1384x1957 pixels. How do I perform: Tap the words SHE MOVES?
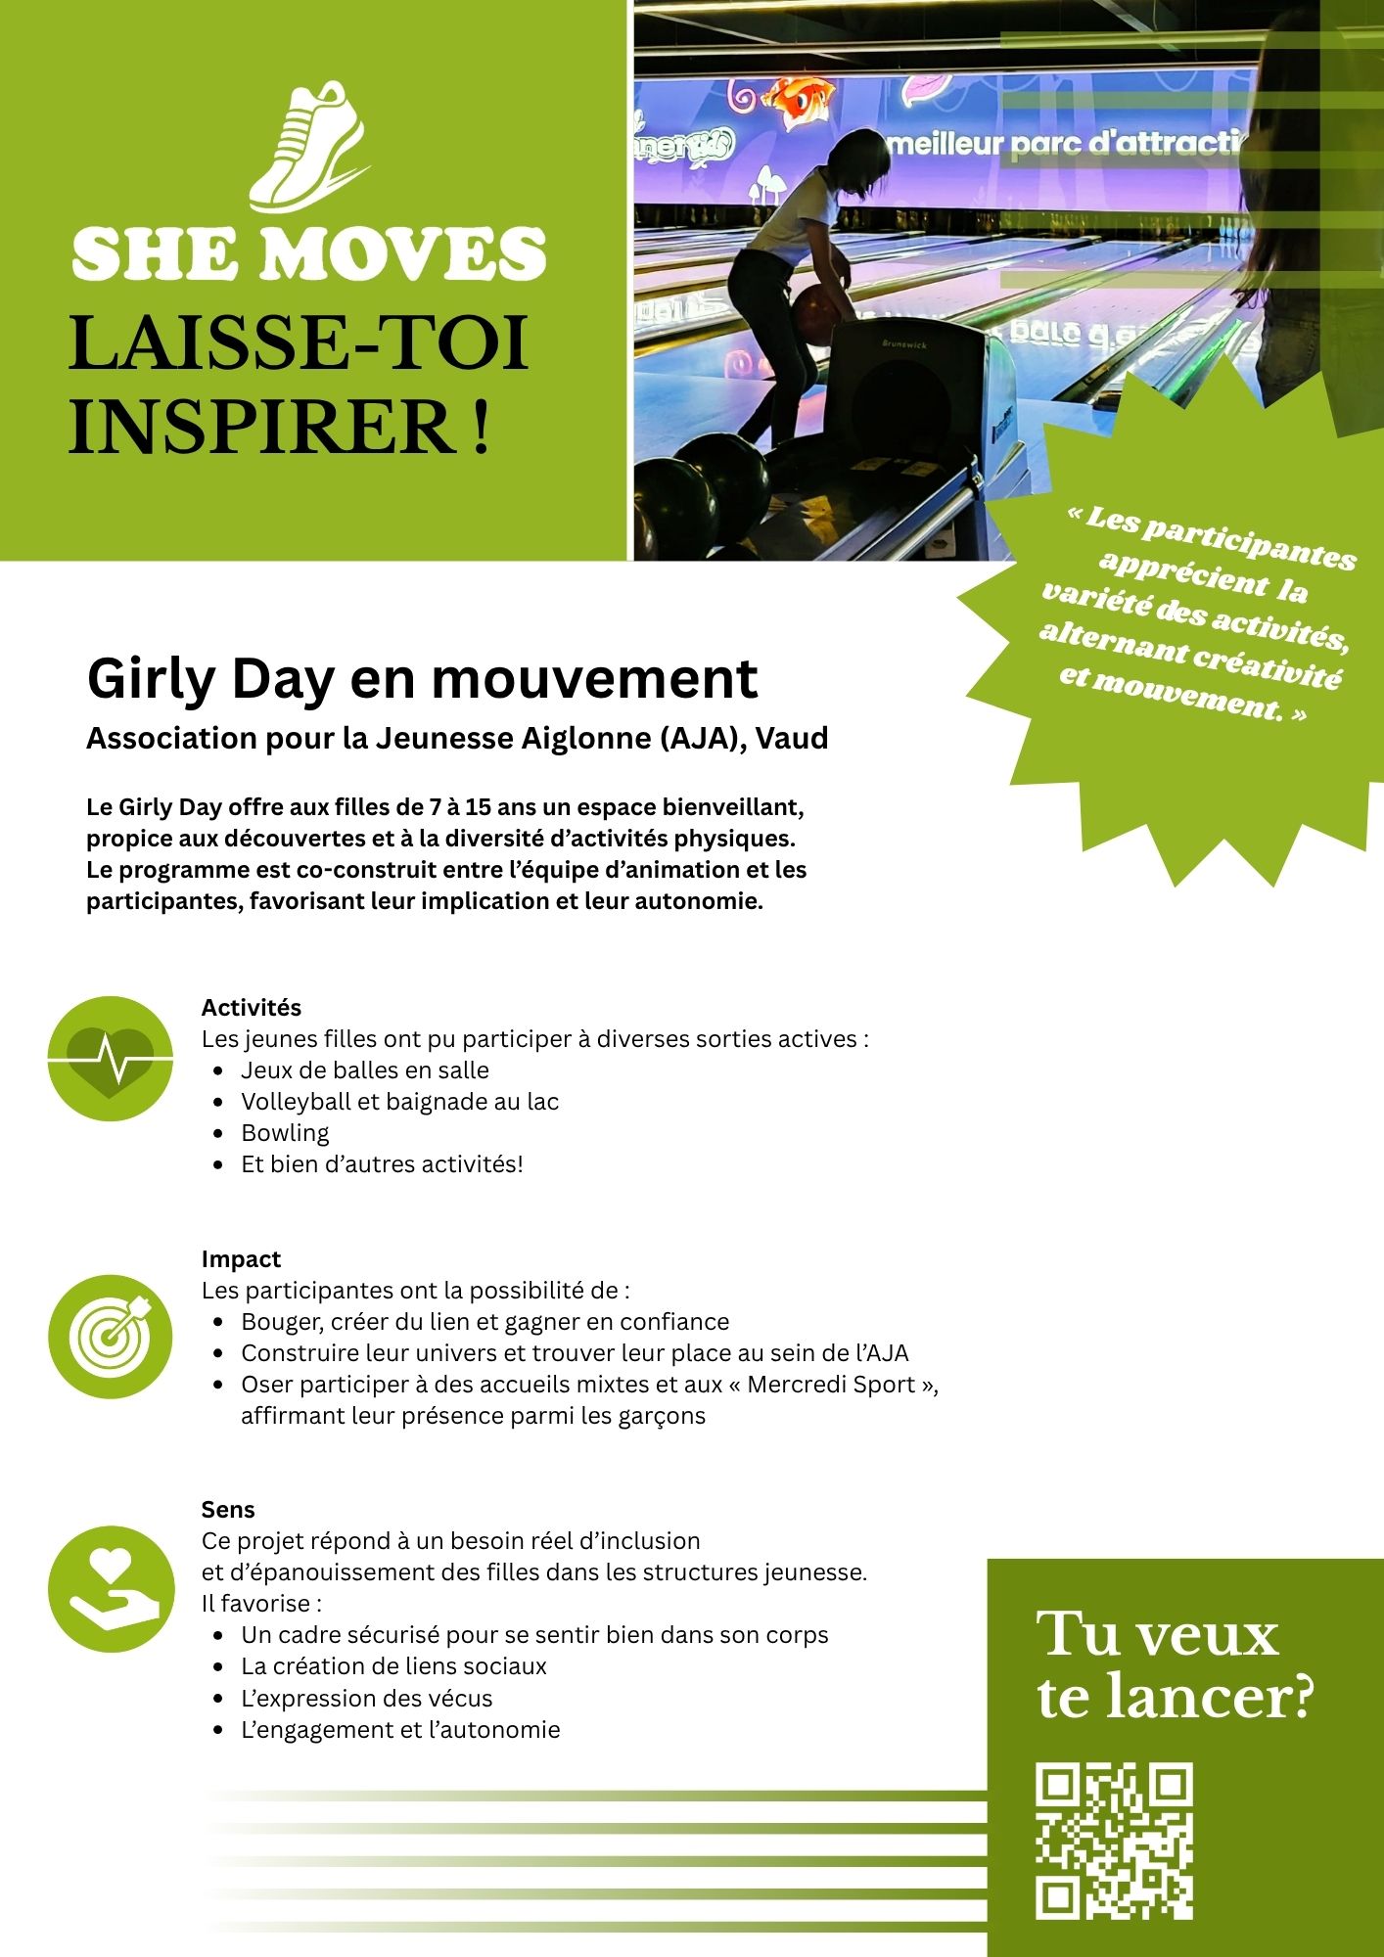click(309, 254)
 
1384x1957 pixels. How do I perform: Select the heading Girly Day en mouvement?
click(422, 678)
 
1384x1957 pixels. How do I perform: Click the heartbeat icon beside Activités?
click(111, 1058)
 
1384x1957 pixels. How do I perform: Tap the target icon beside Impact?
click(111, 1336)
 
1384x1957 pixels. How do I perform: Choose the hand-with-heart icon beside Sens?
click(111, 1589)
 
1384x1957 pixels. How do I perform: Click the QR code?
click(1114, 1841)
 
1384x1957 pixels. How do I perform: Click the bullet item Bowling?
click(285, 1132)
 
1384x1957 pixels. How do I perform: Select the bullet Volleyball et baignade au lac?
click(399, 1101)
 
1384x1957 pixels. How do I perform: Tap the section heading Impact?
click(241, 1258)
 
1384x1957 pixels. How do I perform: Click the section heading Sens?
click(228, 1509)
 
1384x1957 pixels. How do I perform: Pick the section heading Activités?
click(252, 1007)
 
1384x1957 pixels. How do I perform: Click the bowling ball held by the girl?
click(814, 312)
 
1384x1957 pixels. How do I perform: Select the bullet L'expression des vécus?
click(366, 1698)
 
